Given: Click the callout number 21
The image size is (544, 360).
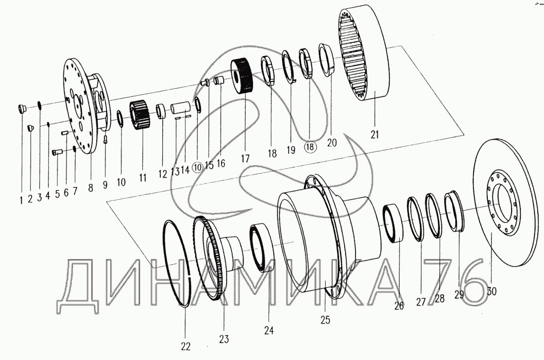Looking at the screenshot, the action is click(x=375, y=135).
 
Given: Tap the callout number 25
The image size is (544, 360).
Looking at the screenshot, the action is click(x=325, y=320).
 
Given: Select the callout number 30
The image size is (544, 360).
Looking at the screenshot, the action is click(x=492, y=291).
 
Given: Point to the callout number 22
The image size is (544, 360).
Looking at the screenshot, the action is click(x=185, y=346).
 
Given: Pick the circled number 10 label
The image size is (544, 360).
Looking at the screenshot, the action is click(x=197, y=166).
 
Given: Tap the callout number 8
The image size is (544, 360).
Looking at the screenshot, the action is click(x=91, y=188).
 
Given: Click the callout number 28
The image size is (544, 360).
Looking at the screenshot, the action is click(x=439, y=299).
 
